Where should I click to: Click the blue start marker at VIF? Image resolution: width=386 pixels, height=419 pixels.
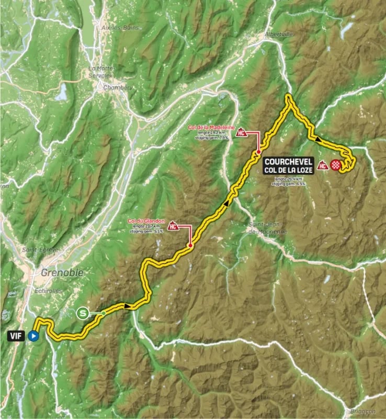pyautogui.click(x=33, y=336)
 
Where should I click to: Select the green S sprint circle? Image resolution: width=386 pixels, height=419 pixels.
pyautogui.click(x=82, y=314)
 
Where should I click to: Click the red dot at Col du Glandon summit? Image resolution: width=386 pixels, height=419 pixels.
pyautogui.click(x=190, y=245)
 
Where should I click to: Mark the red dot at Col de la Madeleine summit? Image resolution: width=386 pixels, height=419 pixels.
pyautogui.click(x=258, y=152)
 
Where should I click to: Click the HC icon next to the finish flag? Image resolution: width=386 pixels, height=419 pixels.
pyautogui.click(x=323, y=166)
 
